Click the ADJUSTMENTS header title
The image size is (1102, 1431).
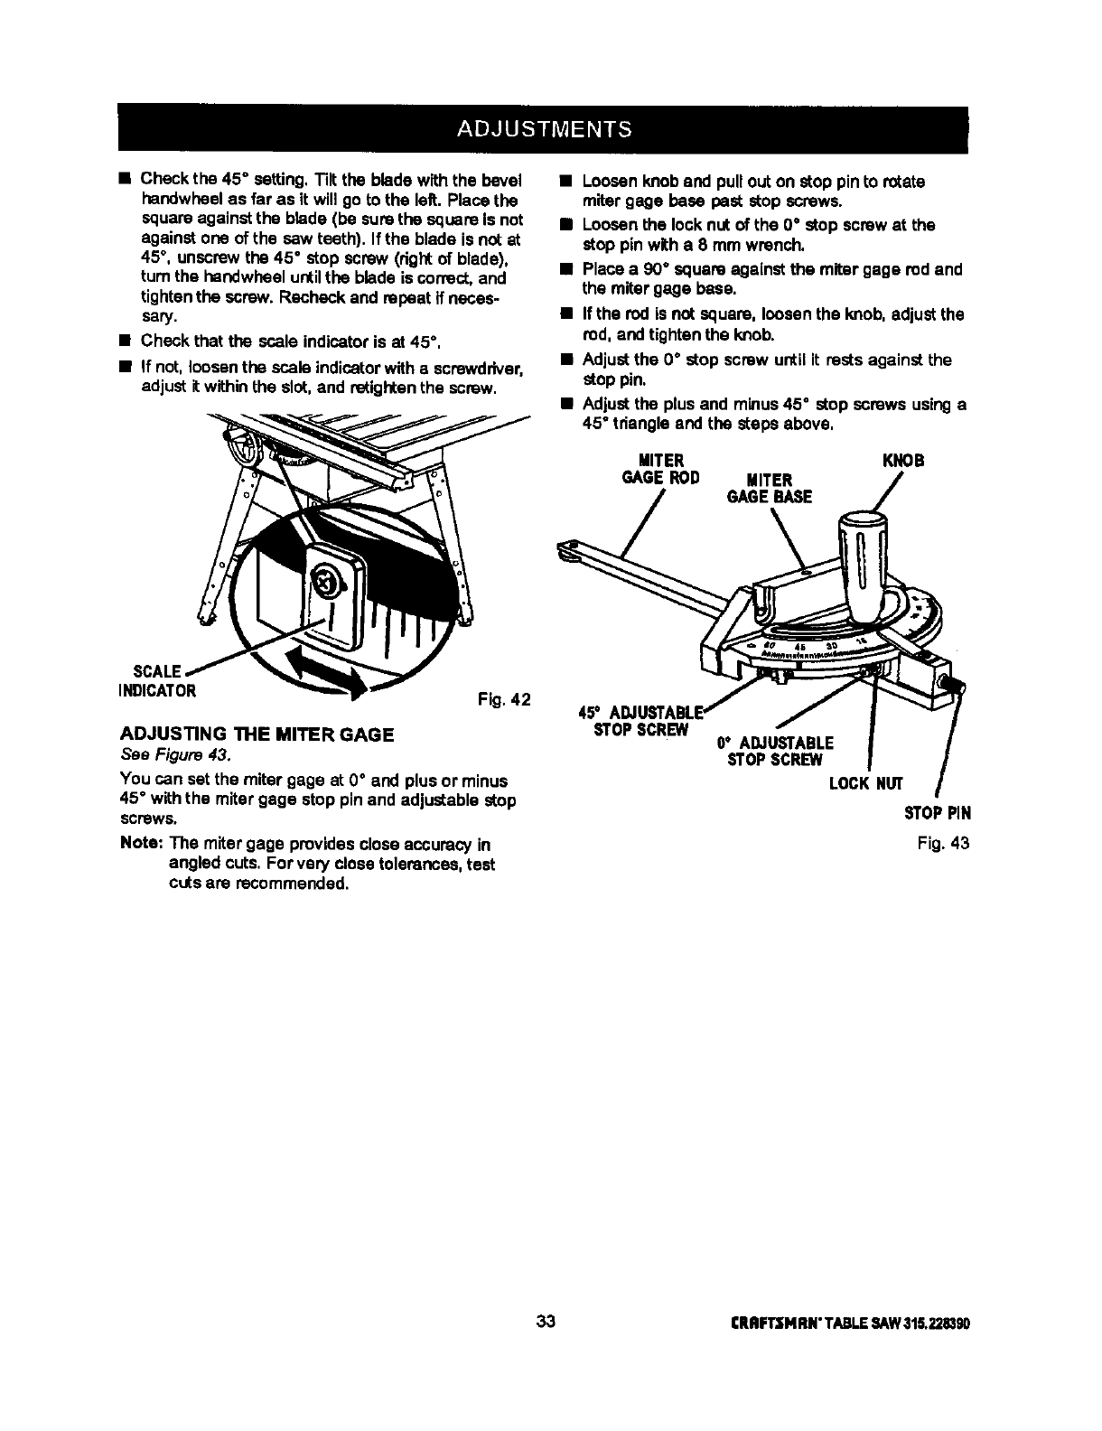pos(543,128)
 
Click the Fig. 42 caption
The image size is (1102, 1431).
pos(503,700)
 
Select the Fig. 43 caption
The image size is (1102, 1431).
pos(942,843)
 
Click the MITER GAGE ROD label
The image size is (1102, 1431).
pos(661,469)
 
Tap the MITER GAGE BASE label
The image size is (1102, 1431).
pos(769,488)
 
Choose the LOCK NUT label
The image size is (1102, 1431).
pos(865,782)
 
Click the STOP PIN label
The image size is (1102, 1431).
pos(938,813)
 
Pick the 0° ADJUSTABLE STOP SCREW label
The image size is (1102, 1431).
pos(775,751)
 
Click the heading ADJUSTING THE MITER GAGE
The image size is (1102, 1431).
pos(257,734)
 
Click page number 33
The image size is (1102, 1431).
pos(546,1323)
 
